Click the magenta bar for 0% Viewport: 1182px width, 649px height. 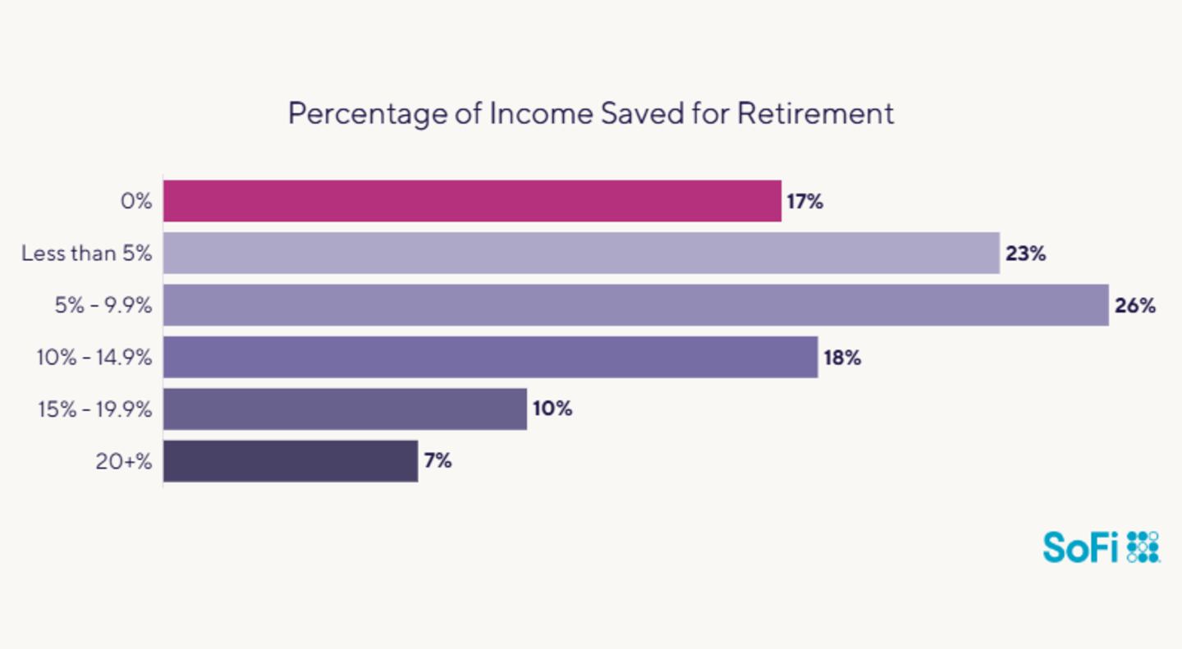coord(472,201)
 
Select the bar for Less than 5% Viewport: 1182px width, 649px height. coord(581,253)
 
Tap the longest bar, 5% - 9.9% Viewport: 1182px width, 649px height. coord(635,305)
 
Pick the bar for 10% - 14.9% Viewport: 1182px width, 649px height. coord(490,357)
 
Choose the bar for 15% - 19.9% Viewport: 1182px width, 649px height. coord(345,409)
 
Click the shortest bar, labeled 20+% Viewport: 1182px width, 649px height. coord(291,461)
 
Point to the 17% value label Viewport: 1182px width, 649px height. coord(804,202)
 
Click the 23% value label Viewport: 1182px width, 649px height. coord(1025,254)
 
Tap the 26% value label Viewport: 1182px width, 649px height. coord(1134,306)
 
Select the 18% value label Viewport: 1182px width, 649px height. coord(842,358)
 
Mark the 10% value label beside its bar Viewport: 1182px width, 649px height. coord(552,409)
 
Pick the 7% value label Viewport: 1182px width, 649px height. coord(438,461)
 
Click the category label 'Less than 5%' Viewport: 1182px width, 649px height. coord(87,254)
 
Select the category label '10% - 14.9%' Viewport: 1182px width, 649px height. coord(94,358)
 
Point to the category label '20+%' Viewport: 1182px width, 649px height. coord(124,462)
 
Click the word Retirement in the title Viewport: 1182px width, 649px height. coord(815,113)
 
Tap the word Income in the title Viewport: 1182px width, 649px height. coord(541,113)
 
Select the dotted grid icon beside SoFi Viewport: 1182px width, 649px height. coord(1143,546)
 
